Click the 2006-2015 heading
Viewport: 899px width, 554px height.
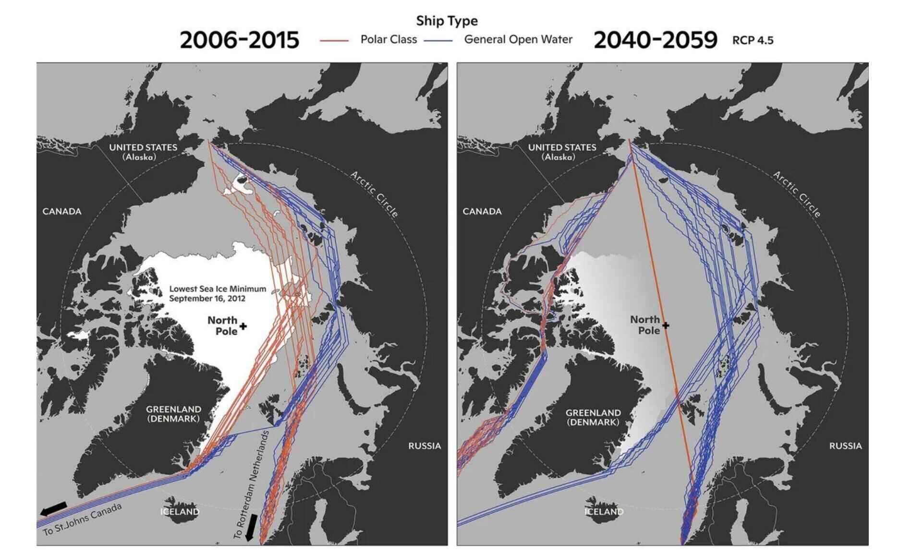(239, 40)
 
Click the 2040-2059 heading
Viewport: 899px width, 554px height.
(655, 40)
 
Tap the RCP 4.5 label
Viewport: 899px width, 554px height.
(753, 40)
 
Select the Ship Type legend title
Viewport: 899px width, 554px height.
(447, 21)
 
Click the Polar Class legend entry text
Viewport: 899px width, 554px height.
(389, 39)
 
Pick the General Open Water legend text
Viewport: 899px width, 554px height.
(518, 39)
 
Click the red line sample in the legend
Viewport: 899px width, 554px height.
(334, 40)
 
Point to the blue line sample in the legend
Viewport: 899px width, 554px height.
(438, 40)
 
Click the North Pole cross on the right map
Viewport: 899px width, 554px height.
(665, 325)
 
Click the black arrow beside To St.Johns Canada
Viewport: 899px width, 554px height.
(53, 508)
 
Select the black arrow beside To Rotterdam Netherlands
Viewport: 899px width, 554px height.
(250, 527)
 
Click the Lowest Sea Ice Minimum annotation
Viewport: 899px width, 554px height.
(217, 293)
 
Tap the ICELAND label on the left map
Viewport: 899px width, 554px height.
(180, 512)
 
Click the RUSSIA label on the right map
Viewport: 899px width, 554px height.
(845, 446)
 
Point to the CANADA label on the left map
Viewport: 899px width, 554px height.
(62, 211)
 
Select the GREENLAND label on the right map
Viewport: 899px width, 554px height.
(593, 417)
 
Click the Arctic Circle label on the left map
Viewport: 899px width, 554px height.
(375, 194)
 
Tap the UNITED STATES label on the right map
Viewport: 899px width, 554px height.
(562, 152)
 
